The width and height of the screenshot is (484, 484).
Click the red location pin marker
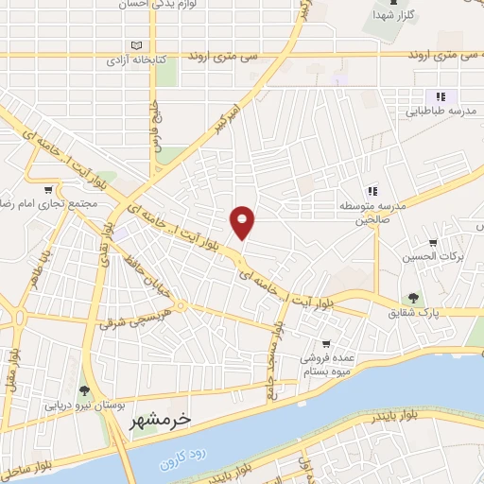pyautogui.click(x=243, y=222)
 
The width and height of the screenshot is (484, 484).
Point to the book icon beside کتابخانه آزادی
pyautogui.click(x=138, y=46)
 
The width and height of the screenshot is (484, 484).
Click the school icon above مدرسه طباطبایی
pyautogui.click(x=439, y=95)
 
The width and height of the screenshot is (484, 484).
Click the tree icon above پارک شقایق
pyautogui.click(x=412, y=298)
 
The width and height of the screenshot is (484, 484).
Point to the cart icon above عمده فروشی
pyautogui.click(x=326, y=344)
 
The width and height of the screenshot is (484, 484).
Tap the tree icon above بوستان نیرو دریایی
pyautogui.click(x=85, y=390)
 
